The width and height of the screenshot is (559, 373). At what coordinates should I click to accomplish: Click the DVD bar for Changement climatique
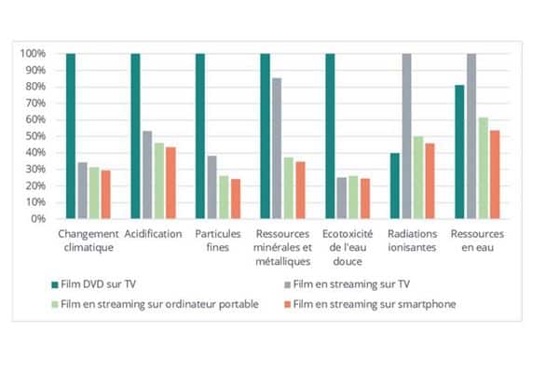pos(71,136)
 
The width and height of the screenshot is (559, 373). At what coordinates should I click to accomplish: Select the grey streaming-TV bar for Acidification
pos(147,174)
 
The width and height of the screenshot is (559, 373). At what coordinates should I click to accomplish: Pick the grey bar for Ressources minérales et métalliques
pos(276,148)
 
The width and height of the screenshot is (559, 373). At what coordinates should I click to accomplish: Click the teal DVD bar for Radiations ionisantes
pos(395,186)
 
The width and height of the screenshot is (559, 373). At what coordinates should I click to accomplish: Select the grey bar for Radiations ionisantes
pos(406,136)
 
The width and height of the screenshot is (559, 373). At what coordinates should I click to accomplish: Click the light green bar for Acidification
pos(158,181)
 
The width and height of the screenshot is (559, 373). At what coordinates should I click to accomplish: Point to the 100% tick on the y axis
pos(34,54)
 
